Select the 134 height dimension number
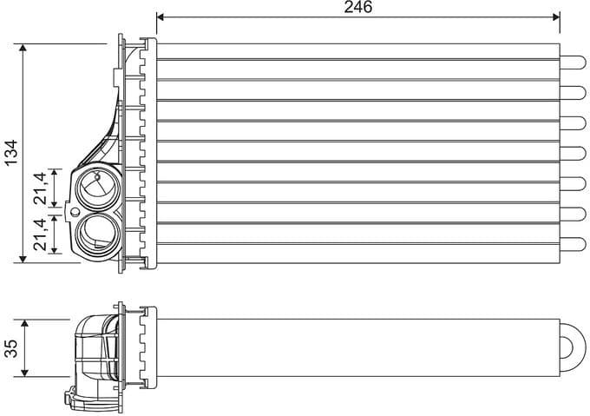click(10, 152)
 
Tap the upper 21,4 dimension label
click(40, 188)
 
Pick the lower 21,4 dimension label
click(40, 234)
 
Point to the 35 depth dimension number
click(11, 348)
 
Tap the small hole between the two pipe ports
click(75, 211)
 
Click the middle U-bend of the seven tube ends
click(574, 152)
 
